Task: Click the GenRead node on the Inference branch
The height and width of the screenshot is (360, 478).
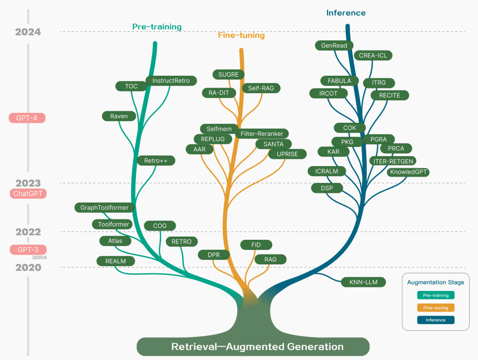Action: coord(334,45)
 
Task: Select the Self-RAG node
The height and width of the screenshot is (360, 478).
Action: coord(261,88)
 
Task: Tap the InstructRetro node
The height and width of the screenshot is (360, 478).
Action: coord(171,80)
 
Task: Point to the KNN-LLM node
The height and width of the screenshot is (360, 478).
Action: coord(364,282)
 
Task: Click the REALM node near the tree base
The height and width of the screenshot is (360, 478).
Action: coord(115,261)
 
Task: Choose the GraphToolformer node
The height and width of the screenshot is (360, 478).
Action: coord(104,207)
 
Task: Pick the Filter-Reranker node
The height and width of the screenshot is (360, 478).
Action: coord(262,134)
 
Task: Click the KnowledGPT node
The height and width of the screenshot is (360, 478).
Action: coord(408,172)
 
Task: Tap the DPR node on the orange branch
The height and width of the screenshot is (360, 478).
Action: coord(213,254)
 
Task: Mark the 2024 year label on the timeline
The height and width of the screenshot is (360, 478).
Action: coord(28,32)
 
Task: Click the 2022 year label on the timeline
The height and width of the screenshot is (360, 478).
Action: coord(28,231)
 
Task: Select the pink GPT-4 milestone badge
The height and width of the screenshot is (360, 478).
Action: coord(28,118)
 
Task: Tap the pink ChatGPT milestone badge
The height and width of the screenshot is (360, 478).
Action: coord(28,194)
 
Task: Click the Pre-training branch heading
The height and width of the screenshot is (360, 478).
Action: coord(157,27)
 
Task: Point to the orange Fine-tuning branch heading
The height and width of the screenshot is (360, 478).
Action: coord(241,36)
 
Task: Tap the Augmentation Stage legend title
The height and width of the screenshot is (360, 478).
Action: coord(435,282)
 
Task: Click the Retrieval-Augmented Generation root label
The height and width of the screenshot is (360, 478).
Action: coord(258,346)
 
